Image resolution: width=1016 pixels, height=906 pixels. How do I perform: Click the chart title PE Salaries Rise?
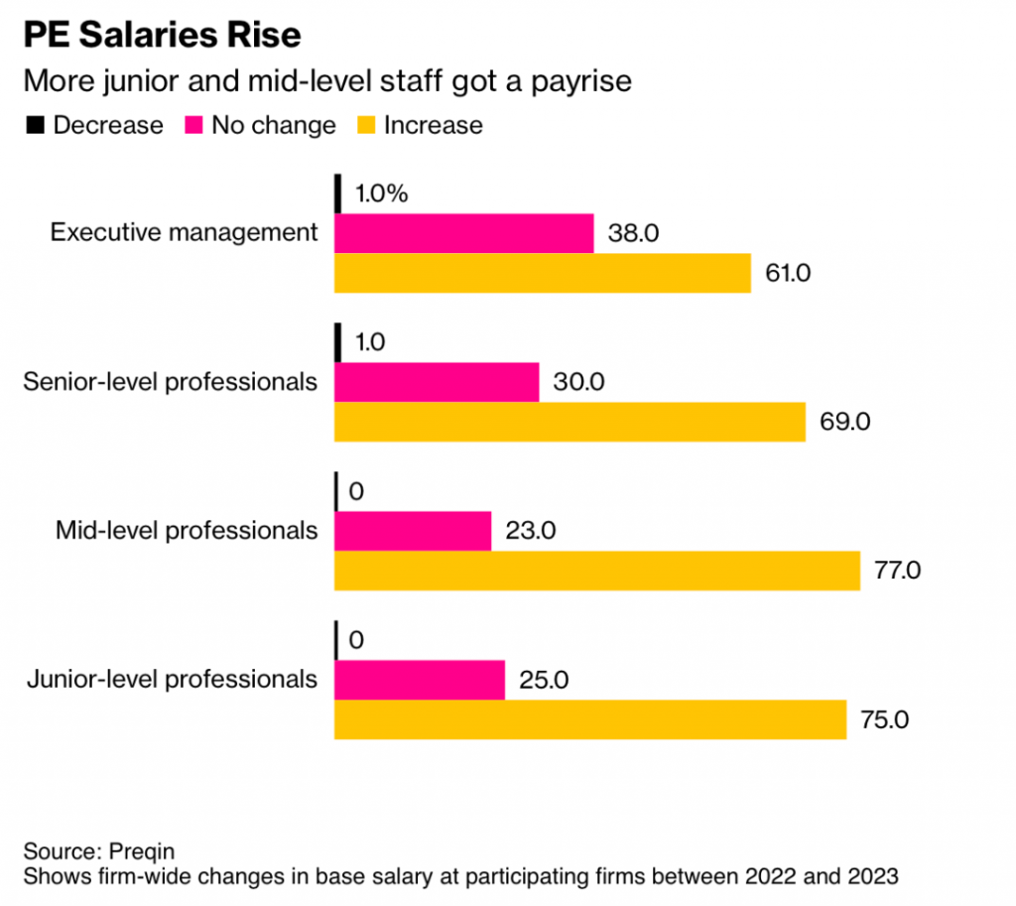tap(162, 35)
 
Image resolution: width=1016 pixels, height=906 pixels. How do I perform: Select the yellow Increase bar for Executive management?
tap(542, 273)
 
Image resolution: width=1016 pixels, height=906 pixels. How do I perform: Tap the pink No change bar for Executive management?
tap(463, 233)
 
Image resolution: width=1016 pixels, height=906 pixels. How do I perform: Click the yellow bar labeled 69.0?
tap(570, 422)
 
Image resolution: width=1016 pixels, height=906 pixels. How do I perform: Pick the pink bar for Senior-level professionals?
tap(437, 382)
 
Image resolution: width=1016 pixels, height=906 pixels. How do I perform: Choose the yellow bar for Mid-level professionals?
tap(596, 571)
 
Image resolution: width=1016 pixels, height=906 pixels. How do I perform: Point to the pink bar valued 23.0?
tap(413, 531)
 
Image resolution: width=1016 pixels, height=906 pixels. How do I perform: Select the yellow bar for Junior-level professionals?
tap(589, 719)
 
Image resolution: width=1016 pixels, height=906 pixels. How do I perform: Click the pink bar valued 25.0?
tap(419, 680)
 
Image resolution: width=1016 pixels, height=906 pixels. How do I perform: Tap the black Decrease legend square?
tap(36, 125)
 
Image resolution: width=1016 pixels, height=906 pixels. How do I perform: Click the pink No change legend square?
tap(193, 125)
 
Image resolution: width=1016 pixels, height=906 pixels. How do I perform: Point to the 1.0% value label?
tap(380, 194)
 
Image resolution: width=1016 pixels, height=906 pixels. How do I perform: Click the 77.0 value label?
tap(896, 571)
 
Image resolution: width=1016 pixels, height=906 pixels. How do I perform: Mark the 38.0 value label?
tap(632, 234)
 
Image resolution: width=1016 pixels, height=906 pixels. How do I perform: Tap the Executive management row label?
tap(185, 233)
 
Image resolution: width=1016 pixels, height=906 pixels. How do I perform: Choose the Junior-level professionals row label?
tap(172, 680)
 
